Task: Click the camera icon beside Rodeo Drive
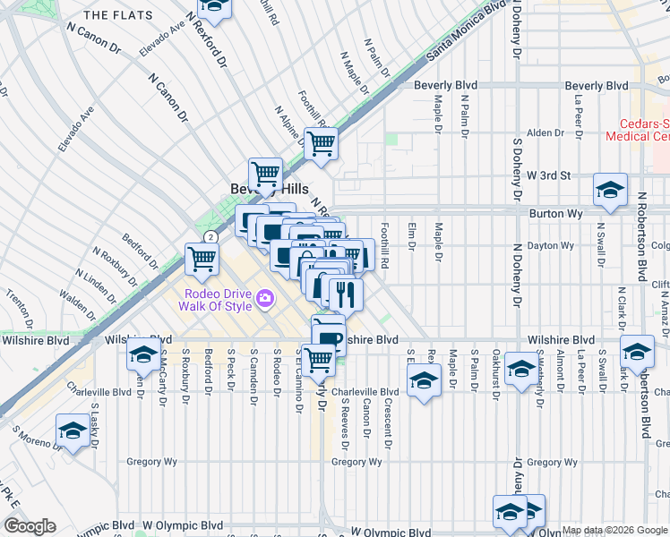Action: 265,298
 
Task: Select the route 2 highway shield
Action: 209,236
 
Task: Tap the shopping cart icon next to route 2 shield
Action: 202,259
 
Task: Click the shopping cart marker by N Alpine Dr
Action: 321,142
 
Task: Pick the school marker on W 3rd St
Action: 610,190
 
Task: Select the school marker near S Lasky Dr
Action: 73,430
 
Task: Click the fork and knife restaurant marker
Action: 345,293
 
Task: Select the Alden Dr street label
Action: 545,132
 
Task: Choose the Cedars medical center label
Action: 637,131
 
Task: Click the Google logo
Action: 29,526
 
